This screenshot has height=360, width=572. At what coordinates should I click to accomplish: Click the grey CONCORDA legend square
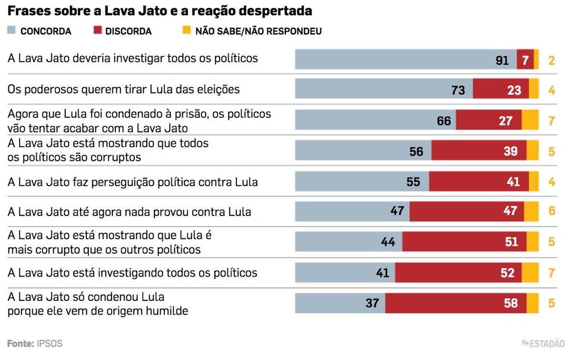12,31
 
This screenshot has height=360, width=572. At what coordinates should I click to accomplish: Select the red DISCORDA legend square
97,31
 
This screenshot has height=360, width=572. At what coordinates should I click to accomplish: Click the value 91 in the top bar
502,61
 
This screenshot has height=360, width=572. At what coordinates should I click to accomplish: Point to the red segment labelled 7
525,60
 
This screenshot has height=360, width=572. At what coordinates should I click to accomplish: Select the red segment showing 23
500,89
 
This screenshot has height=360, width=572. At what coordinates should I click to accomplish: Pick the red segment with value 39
479,151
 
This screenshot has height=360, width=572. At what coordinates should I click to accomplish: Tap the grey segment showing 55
362,181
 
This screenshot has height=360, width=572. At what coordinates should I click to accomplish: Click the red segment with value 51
464,241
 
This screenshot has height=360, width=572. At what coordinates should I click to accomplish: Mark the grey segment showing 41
345,272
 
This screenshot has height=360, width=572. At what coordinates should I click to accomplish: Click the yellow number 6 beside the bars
552,211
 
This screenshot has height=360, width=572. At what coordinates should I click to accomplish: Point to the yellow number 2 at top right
552,61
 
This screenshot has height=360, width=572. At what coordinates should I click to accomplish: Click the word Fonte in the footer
20,343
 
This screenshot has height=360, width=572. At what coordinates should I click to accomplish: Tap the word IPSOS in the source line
50,343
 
